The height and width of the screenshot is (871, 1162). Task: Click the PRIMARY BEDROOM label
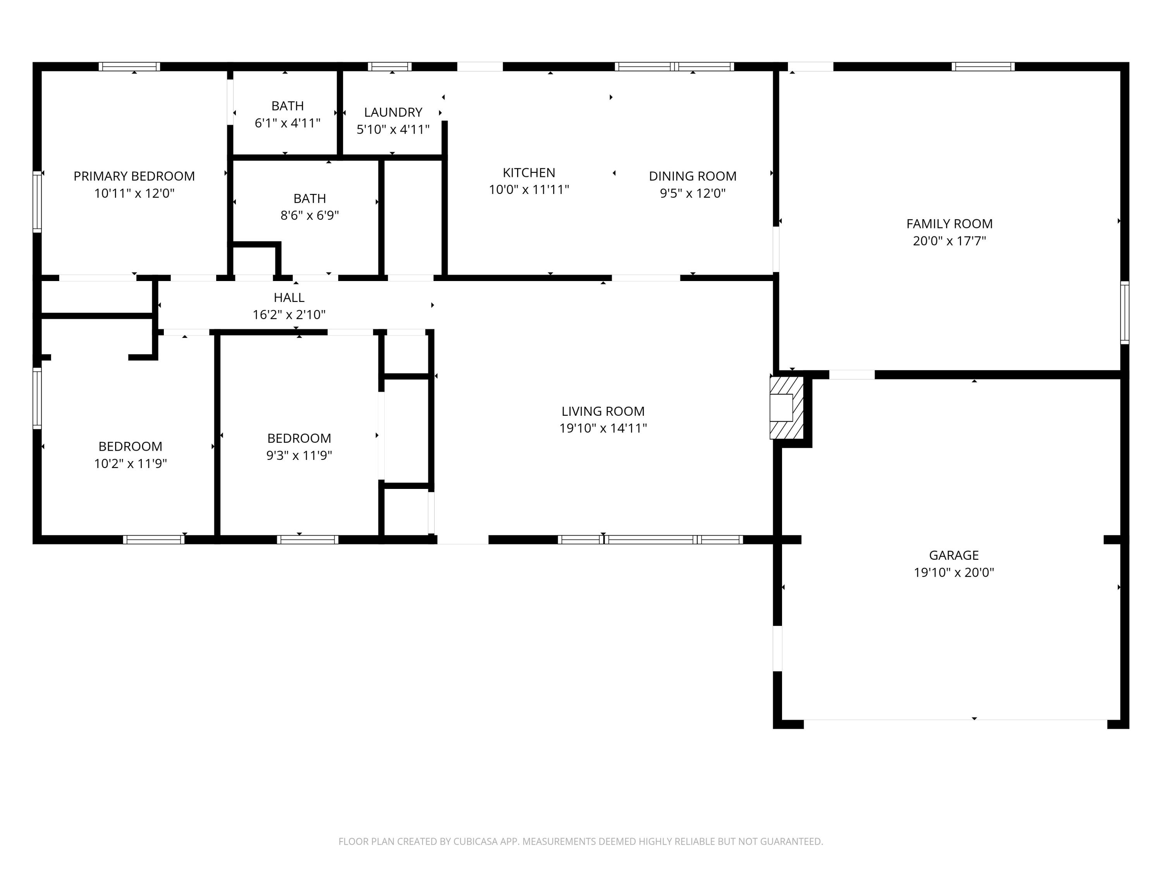pos(134,176)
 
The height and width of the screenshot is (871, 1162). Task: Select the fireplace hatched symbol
pos(786,407)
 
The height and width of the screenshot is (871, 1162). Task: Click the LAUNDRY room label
pos(393,112)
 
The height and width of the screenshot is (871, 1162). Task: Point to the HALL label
pos(289,298)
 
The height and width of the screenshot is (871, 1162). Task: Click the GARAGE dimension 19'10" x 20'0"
pos(954,572)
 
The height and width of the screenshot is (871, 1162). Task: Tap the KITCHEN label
pos(528,173)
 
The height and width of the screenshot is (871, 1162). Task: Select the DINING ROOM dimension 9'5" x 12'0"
pos(693,193)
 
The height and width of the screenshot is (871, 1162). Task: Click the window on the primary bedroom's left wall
pos(37,202)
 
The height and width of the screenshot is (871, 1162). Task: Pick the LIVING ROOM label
pos(603,411)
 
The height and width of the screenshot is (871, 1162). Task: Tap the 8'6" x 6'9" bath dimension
pos(309,215)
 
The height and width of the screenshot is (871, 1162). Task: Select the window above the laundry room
pos(389,67)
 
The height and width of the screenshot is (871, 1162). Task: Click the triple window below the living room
pos(650,539)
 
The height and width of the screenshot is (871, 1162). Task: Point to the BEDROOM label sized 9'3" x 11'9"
pos(299,438)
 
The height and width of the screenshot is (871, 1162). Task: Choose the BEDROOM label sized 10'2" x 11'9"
pos(130,446)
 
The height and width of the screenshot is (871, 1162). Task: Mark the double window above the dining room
pos(674,67)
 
